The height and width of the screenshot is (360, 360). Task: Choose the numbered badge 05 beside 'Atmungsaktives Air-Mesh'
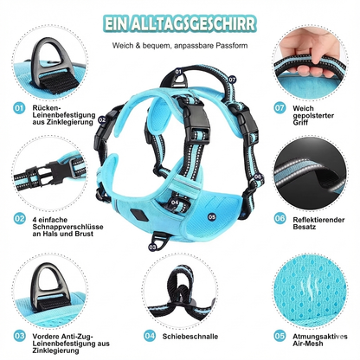[280, 333]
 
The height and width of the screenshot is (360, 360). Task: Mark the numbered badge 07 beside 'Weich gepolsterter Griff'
[280, 109]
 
